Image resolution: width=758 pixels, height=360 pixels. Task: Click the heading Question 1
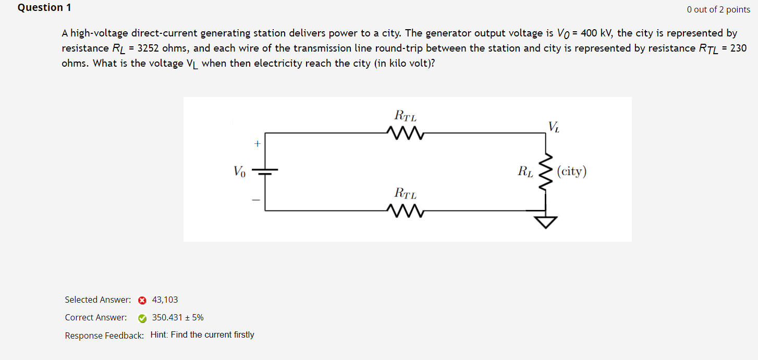[x=44, y=8]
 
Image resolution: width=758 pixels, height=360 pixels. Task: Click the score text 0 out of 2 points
[x=718, y=9]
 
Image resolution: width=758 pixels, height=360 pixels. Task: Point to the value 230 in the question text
[x=738, y=48]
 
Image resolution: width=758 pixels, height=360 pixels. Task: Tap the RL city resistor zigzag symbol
[x=545, y=172]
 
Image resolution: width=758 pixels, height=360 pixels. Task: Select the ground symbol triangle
[x=545, y=222]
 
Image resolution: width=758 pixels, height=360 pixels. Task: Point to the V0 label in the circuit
[x=239, y=171]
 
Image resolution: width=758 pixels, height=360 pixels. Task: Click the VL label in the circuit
[x=554, y=127]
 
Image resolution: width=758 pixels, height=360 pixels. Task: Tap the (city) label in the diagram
[x=571, y=171]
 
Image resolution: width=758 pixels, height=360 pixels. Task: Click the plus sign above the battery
[x=256, y=143]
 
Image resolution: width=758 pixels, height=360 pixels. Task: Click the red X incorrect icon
[x=142, y=300]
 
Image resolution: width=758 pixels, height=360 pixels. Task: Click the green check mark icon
[x=142, y=318]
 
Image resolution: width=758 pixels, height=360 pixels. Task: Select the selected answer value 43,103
[x=165, y=300]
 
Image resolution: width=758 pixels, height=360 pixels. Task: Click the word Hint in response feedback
[x=158, y=335]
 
